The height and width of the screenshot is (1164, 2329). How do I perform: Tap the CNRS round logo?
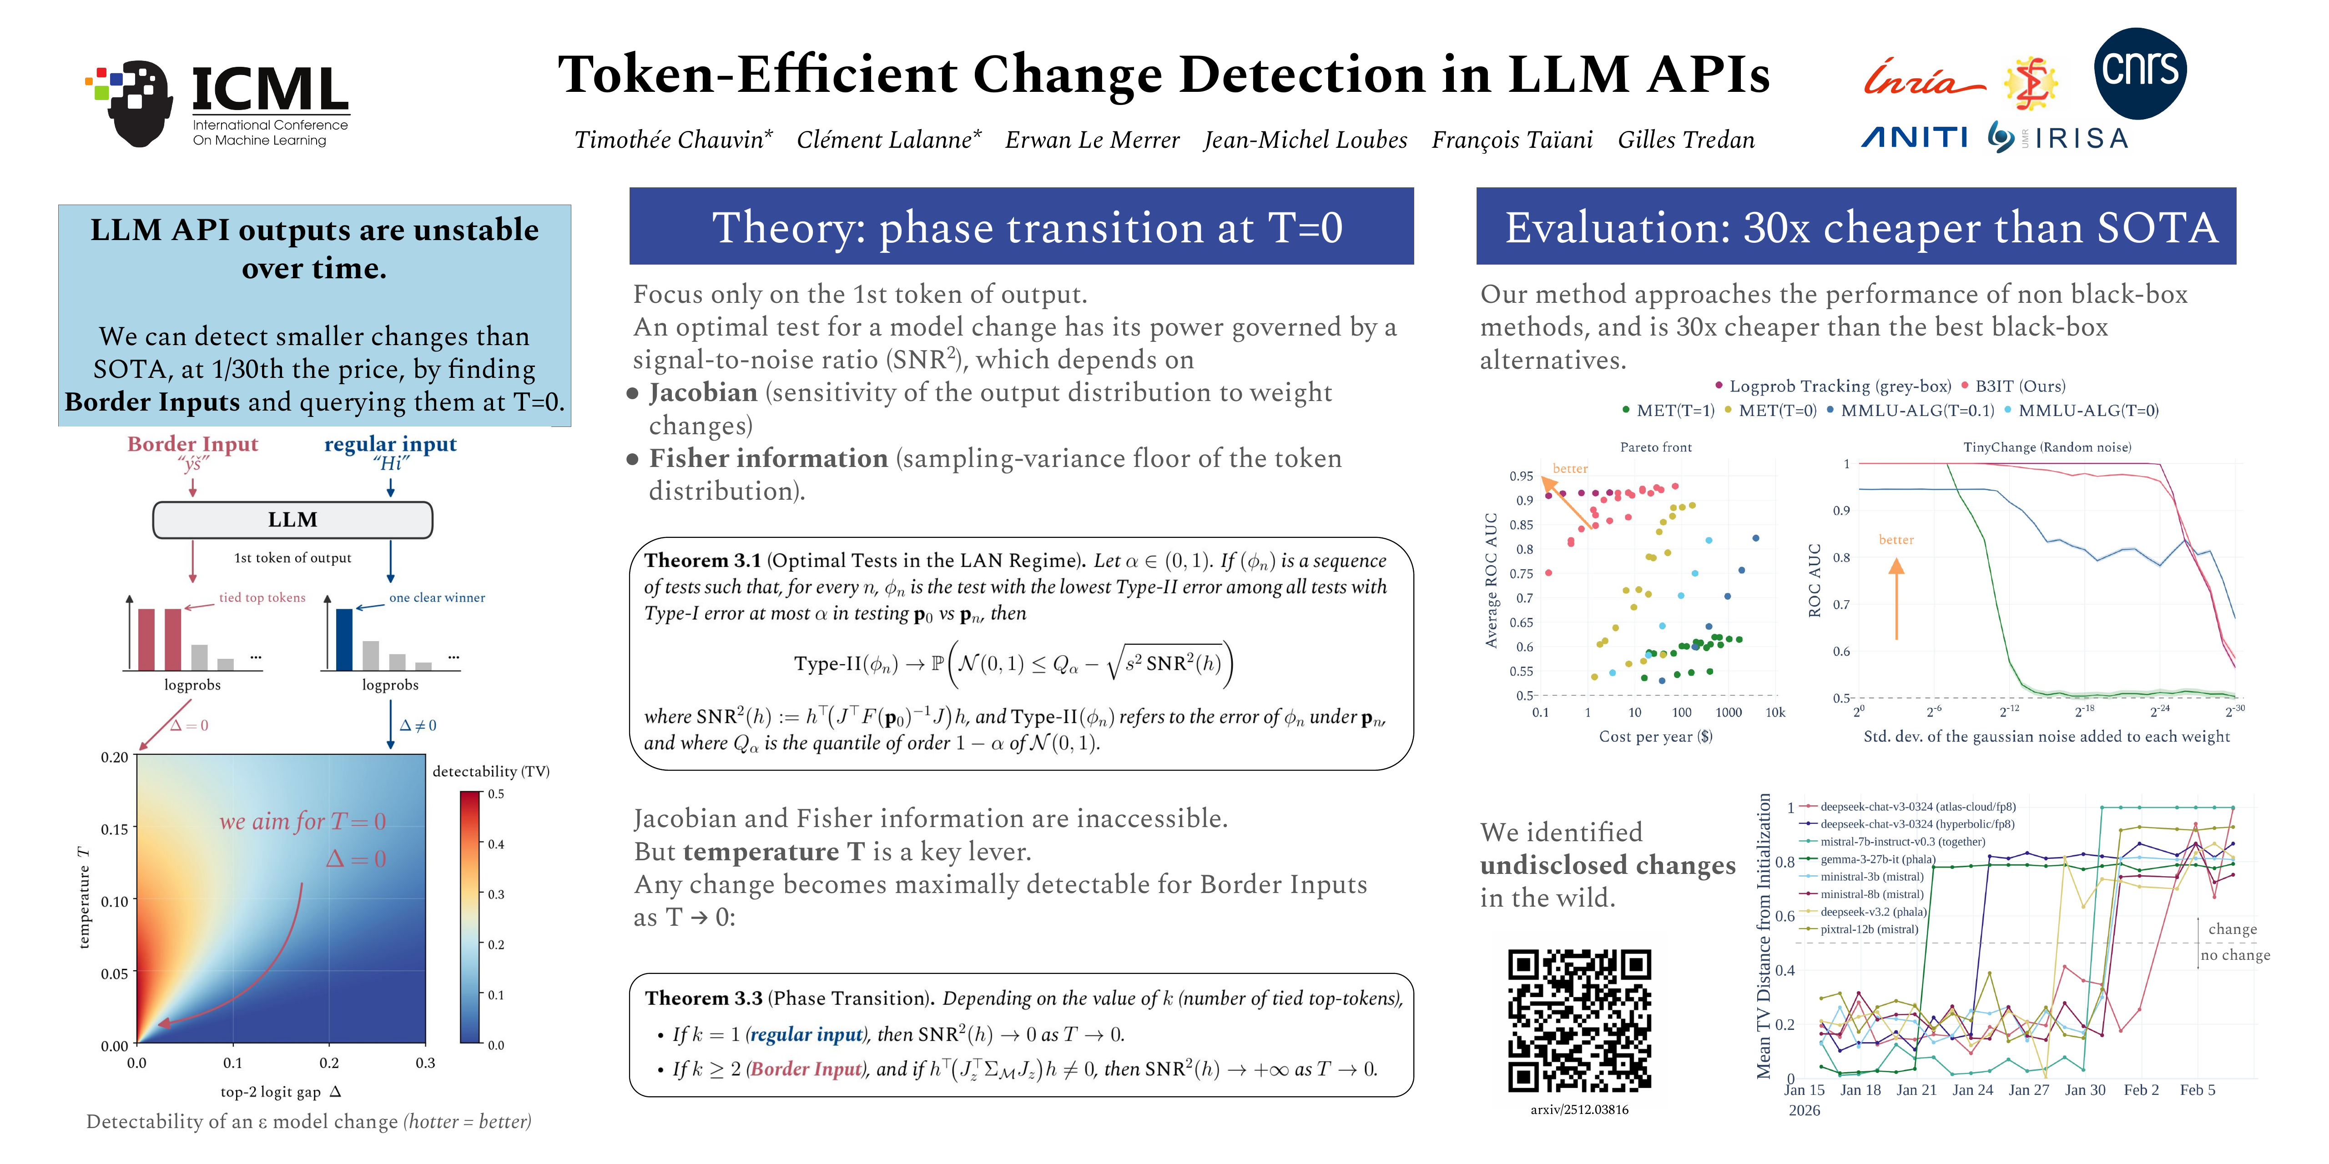pyautogui.click(x=2140, y=72)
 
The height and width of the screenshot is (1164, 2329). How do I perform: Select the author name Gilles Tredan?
pyautogui.click(x=1686, y=140)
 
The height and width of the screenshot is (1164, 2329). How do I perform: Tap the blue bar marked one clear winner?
pyautogui.click(x=344, y=639)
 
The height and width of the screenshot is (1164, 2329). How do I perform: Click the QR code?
pyautogui.click(x=1579, y=1020)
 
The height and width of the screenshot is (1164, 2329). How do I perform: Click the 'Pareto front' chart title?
pyautogui.click(x=1655, y=447)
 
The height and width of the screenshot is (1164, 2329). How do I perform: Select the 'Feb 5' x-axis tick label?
pyautogui.click(x=2197, y=1090)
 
